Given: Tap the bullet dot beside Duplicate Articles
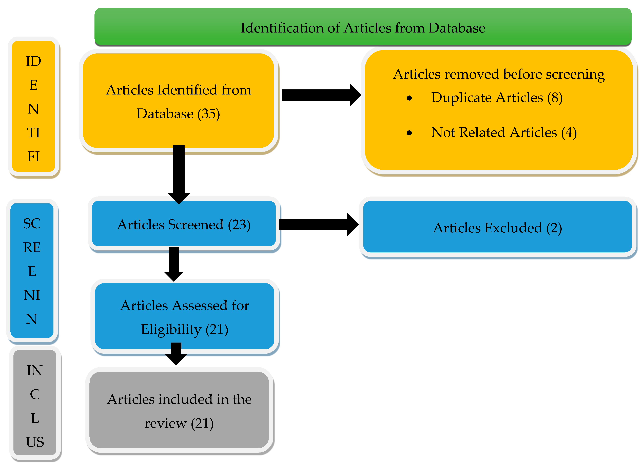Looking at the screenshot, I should [409, 98].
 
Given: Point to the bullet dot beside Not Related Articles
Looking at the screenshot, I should [409, 133].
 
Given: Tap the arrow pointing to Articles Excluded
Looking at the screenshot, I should [318, 224].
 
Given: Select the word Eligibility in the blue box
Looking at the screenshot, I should [171, 329].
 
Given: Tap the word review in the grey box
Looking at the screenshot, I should [166, 424].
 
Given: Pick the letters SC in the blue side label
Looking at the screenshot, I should [32, 224].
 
